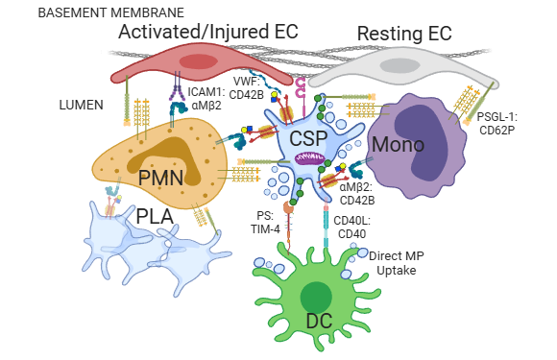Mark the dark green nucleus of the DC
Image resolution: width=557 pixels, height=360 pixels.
(308, 293)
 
